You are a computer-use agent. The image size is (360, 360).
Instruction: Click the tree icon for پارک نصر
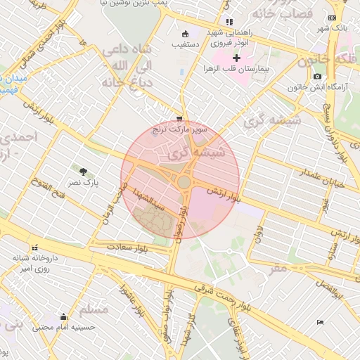pos(83,171)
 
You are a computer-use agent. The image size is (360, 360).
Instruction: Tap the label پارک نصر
pos(83,183)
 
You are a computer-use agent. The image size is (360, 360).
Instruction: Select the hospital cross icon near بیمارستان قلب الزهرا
pos(236,58)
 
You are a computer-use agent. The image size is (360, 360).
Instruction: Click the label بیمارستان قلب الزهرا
pos(237,69)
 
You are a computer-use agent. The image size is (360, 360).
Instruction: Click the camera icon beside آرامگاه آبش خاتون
pos(318,76)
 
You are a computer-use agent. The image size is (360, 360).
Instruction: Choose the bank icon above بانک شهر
pos(332,18)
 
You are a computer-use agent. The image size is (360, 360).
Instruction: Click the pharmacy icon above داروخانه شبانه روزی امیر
pos(34,247)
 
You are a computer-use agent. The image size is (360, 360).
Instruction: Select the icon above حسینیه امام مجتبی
pos(64,316)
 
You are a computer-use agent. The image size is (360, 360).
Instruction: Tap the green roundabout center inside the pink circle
pos(184,182)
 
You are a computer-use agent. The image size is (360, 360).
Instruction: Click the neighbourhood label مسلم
pos(94,309)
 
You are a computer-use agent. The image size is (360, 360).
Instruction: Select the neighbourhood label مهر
pos(278,268)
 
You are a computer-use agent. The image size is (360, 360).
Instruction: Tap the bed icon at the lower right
pos(320,322)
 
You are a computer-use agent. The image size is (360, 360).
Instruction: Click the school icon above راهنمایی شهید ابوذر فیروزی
pos(229,22)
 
